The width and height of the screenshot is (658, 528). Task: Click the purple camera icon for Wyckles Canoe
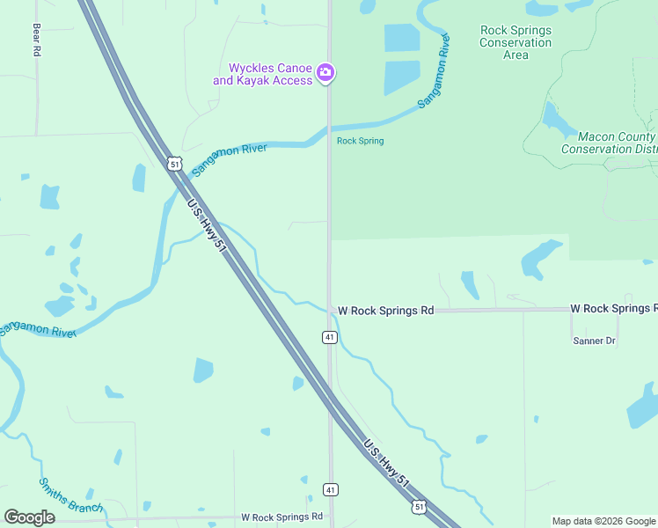(325, 72)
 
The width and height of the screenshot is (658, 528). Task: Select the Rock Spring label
(360, 141)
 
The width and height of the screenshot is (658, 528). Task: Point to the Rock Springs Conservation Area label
(515, 42)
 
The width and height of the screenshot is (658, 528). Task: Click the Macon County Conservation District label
(610, 143)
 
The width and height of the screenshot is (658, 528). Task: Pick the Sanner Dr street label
(594, 341)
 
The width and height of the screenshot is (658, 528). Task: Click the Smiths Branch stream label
(70, 495)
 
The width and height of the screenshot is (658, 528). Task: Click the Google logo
(29, 517)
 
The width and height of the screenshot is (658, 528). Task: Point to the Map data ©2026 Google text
(603, 521)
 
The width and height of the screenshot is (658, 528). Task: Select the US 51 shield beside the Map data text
(420, 506)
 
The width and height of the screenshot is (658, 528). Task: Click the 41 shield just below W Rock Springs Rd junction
(329, 337)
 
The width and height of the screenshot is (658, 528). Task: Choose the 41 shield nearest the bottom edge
(330, 489)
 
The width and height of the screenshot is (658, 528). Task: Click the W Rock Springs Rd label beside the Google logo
(281, 517)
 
